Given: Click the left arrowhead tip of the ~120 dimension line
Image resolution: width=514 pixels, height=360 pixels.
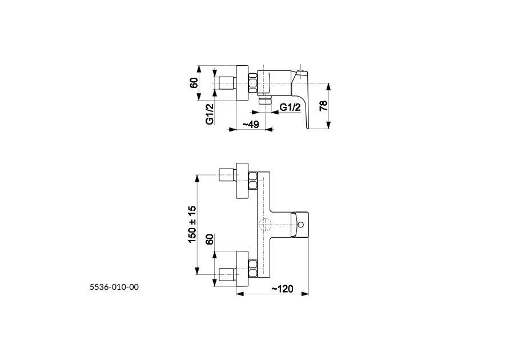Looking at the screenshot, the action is click(x=236, y=294).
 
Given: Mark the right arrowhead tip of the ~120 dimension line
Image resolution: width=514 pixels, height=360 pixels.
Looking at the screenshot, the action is click(x=309, y=294).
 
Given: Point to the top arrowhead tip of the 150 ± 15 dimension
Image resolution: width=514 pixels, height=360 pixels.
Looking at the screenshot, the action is click(x=197, y=175).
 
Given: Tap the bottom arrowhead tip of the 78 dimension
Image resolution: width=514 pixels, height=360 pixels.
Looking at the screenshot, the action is click(x=329, y=129).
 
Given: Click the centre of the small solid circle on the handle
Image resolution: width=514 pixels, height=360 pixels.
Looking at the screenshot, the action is click(x=301, y=225).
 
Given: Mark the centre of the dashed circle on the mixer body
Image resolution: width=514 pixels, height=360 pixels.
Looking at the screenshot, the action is click(x=265, y=225).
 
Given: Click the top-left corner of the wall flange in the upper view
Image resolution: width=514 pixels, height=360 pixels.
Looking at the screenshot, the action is click(x=236, y=65).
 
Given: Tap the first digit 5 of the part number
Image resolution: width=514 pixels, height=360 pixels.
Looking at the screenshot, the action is click(x=92, y=287).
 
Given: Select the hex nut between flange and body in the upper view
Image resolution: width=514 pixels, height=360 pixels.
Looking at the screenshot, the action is click(x=253, y=83).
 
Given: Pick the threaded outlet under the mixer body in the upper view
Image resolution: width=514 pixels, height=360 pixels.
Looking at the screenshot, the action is click(x=265, y=99).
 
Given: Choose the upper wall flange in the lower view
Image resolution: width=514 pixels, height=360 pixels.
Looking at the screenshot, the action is click(x=243, y=181).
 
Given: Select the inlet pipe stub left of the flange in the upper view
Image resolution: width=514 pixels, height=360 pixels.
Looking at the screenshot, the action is click(x=227, y=83).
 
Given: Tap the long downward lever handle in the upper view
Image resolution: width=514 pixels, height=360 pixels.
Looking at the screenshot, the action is click(x=301, y=98).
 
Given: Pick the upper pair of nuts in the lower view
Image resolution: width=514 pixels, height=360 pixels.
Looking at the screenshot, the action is click(x=253, y=181).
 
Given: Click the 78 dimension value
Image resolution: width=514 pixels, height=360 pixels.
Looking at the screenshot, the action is click(x=323, y=106).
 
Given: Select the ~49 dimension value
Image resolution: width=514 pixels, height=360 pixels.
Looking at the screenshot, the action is click(x=251, y=124).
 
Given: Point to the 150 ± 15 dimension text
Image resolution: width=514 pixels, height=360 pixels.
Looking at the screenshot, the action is click(x=192, y=225).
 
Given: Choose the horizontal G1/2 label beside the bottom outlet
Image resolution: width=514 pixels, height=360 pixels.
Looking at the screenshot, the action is click(x=290, y=107).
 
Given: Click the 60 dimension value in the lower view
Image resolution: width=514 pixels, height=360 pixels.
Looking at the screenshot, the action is click(x=209, y=239).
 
